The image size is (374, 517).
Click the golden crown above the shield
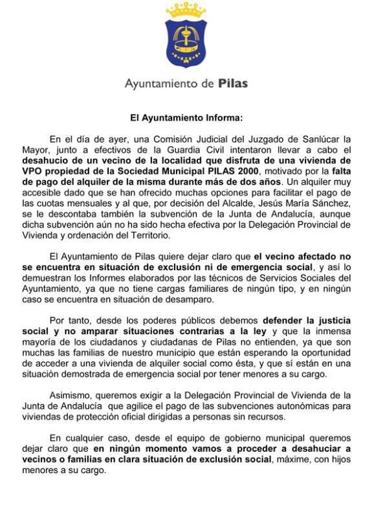(186, 10)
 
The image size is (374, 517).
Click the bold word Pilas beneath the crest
(232, 83)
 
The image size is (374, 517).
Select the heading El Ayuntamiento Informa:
(186, 118)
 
